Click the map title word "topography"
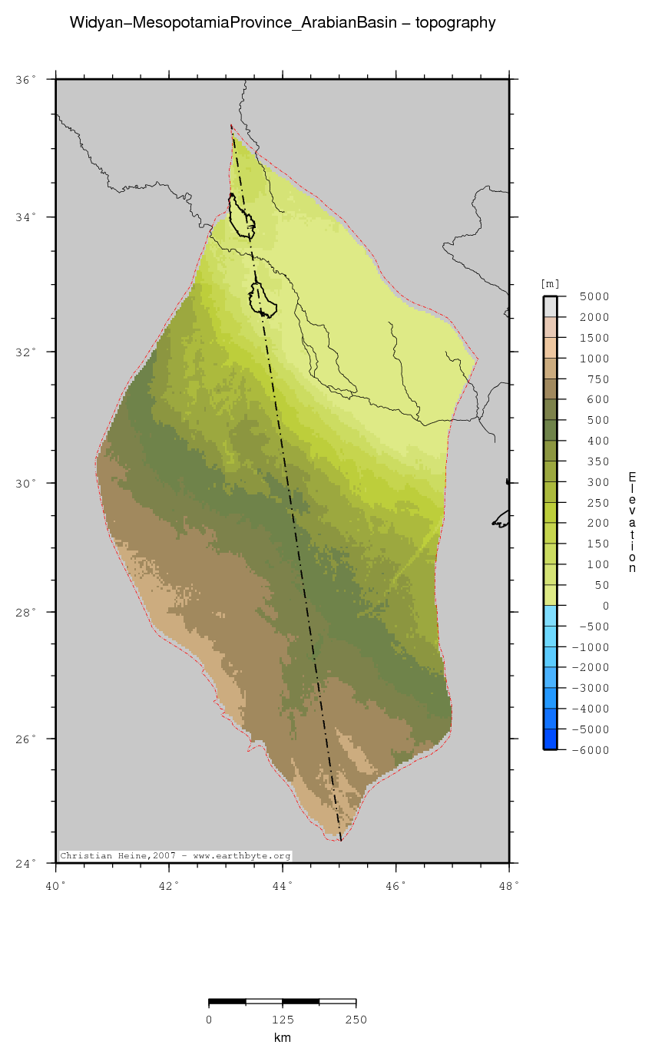point(455,23)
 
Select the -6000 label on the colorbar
point(593,750)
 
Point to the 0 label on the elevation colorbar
point(605,606)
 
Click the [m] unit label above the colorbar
point(551,284)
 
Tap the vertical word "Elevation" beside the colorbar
point(631,522)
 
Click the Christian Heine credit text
point(175,855)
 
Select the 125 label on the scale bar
point(283,1020)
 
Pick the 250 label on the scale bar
point(356,1020)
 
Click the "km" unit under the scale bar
point(283,1038)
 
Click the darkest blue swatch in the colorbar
point(550,739)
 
